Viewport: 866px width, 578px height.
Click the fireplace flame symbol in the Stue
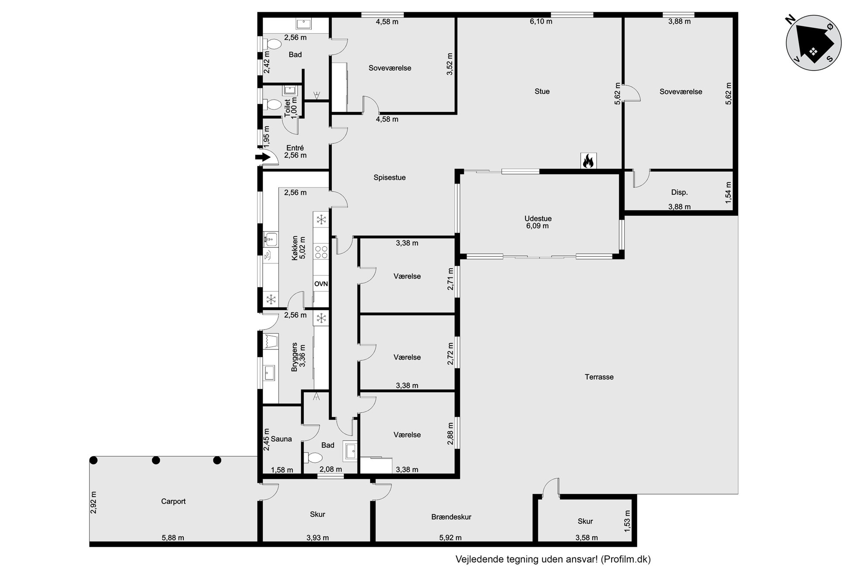[x=588, y=161]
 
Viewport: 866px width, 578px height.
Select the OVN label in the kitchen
[x=321, y=284]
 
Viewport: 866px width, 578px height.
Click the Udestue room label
[x=538, y=218]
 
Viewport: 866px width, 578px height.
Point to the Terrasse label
[x=599, y=377]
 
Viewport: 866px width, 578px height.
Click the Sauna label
[x=281, y=439]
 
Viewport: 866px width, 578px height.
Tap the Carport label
[x=173, y=502]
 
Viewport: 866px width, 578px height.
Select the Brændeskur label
[x=451, y=517]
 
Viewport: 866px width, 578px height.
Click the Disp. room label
[x=679, y=193]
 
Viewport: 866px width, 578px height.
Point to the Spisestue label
[x=389, y=178]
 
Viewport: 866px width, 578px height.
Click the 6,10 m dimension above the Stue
[x=541, y=21]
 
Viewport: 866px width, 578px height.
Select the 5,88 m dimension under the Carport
[x=173, y=538]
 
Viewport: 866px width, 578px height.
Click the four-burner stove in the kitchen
[x=321, y=252]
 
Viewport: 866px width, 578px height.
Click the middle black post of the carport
[x=156, y=460]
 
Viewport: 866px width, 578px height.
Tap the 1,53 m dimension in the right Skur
[x=627, y=521]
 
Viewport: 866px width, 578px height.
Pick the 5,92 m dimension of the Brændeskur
[x=450, y=538]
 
